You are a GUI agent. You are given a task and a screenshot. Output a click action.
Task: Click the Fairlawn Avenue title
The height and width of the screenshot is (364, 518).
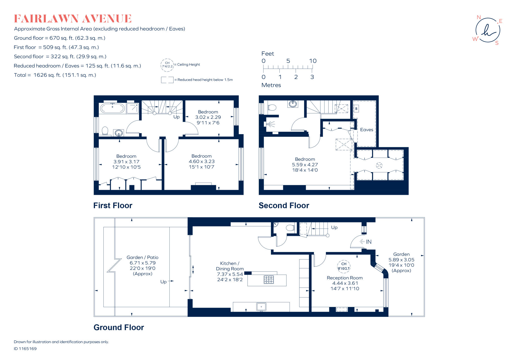pos(73,19)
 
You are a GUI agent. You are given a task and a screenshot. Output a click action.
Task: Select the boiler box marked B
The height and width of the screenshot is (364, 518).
pos(356,109)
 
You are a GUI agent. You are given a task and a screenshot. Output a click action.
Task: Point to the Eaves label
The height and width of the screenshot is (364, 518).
pos(366,130)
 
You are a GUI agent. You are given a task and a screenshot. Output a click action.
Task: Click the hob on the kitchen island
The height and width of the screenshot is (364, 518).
pos(269,280)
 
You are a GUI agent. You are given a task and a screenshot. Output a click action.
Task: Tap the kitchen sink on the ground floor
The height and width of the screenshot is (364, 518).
pos(261,307)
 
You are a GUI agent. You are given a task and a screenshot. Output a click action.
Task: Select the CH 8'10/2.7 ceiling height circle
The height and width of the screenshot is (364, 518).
pos(344,266)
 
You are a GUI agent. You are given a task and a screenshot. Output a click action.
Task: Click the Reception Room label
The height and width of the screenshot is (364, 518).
pos(344,278)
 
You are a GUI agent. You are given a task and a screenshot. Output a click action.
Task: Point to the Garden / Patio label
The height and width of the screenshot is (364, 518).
pos(142,257)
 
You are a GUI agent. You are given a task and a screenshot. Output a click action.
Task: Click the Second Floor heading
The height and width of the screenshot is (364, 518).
pos(284,205)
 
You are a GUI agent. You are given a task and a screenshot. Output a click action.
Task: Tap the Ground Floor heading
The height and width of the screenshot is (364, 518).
pos(119,327)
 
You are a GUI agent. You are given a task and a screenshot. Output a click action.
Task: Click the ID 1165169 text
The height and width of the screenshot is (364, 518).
pos(25,349)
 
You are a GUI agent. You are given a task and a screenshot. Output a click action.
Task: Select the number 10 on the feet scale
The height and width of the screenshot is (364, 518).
pos(313,61)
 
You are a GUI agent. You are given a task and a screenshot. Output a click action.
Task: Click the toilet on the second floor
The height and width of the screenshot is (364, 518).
pos(272,108)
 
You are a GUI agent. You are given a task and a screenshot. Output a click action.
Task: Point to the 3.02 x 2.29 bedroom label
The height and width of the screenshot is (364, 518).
pos(208,117)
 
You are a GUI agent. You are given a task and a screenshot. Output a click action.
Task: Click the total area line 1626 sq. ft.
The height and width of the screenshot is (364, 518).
pos(55,75)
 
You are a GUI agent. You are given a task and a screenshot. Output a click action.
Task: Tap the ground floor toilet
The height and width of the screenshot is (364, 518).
pos(290,228)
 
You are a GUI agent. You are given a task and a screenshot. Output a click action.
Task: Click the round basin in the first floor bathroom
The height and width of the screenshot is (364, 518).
pos(119,133)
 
